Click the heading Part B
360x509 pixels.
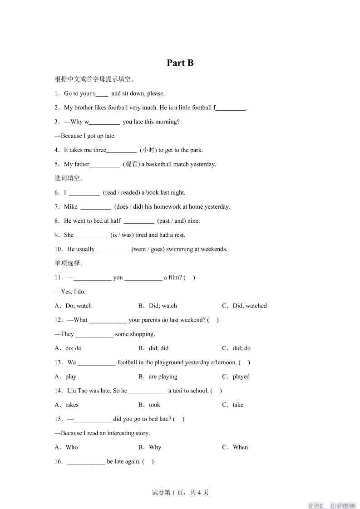click(x=180, y=63)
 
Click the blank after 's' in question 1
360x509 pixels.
click(x=102, y=94)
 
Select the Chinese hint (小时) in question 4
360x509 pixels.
click(x=148, y=150)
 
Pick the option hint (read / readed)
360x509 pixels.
click(x=122, y=192)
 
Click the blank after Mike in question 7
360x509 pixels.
click(x=95, y=207)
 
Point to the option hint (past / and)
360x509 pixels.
click(x=170, y=221)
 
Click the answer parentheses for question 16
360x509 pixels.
click(x=148, y=462)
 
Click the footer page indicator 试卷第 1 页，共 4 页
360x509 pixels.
click(x=180, y=492)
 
